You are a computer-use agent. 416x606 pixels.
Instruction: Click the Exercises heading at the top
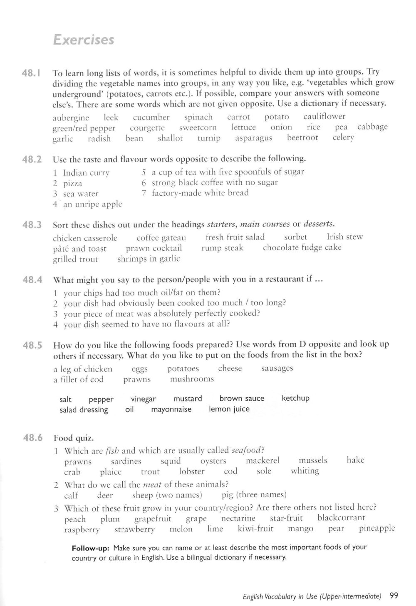(x=83, y=40)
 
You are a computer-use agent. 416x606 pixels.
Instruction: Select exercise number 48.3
(x=32, y=225)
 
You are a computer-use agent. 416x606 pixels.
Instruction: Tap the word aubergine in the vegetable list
(x=71, y=118)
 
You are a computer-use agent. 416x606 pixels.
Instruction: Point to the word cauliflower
(x=324, y=117)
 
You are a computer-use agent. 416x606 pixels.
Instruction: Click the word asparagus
(x=253, y=138)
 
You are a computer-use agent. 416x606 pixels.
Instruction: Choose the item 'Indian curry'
(x=86, y=173)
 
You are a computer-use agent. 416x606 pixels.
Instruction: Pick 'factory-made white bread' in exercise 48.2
(x=200, y=193)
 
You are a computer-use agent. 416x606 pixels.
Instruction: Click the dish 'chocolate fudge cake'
(x=302, y=248)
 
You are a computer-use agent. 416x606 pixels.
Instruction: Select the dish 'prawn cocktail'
(x=154, y=248)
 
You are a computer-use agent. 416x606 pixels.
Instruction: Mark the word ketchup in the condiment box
(x=295, y=398)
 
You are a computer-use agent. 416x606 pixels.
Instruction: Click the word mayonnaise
(x=171, y=409)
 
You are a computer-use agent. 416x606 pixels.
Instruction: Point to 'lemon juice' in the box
(x=229, y=409)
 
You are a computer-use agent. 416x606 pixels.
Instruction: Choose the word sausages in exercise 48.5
(x=277, y=368)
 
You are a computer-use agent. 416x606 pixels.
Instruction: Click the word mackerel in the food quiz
(x=262, y=461)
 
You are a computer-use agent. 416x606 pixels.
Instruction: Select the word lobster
(x=192, y=471)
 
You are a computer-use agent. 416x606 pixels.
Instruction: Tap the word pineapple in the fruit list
(x=376, y=529)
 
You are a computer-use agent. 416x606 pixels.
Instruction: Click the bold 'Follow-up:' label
(x=90, y=548)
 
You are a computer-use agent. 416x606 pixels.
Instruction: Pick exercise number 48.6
(x=33, y=438)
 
